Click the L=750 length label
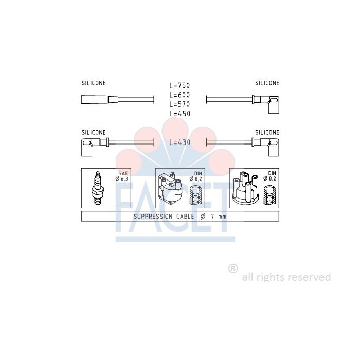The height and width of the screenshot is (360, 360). click(179, 85)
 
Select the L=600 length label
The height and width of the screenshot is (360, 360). click(179, 95)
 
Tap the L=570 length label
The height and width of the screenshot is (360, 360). click(179, 104)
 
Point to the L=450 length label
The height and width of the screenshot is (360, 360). click(179, 114)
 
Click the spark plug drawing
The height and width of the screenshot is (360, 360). click(98, 188)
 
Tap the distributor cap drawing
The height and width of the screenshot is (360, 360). click(246, 188)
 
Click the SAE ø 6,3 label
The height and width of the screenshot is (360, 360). click(122, 176)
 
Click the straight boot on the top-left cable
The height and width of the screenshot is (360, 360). click(100, 100)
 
